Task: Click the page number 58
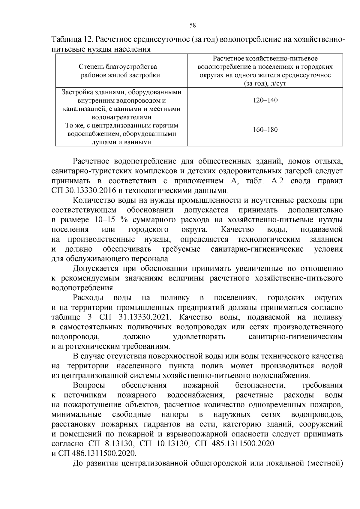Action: (193, 25)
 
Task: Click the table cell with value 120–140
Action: (265, 100)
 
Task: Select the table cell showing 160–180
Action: (265, 130)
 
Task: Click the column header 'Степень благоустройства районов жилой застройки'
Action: (121, 71)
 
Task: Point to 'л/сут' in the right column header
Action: (278, 84)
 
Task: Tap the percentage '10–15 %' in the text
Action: (111, 220)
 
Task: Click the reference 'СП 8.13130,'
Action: (112, 443)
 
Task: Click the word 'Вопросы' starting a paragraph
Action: (89, 385)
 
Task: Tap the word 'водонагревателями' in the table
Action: (121, 117)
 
